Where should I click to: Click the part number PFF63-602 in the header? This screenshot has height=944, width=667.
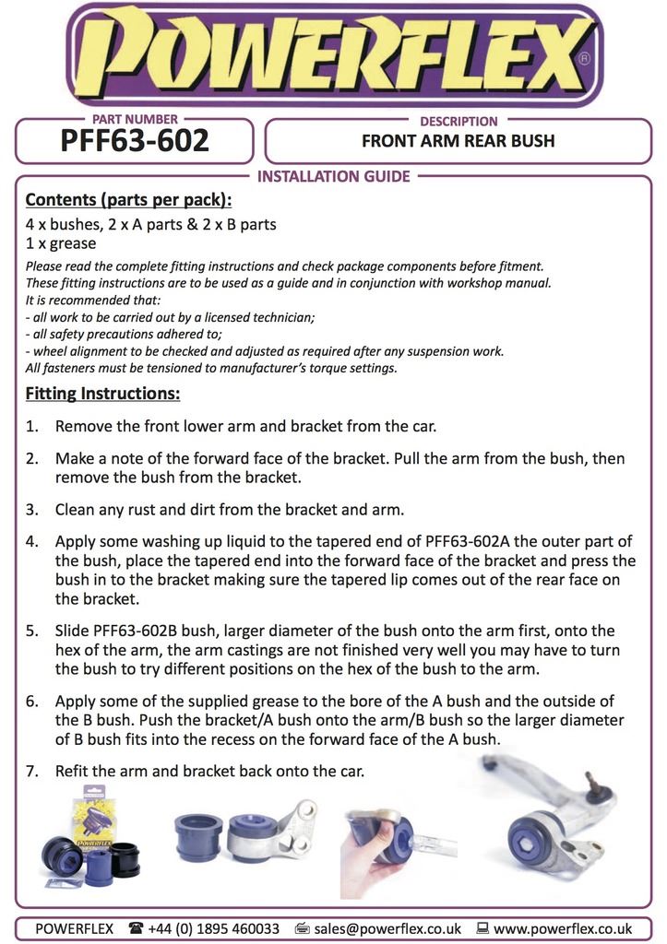(135, 142)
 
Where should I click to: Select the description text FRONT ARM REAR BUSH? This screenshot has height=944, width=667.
(458, 142)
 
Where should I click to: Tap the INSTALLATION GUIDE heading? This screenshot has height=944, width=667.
(333, 176)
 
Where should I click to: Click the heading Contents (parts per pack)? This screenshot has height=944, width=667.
(128, 200)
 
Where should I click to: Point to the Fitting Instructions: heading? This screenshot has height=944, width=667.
(102, 395)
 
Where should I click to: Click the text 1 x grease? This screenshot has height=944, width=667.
(61, 243)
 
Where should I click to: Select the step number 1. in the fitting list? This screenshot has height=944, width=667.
(32, 427)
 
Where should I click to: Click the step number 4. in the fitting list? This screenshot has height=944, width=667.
(32, 542)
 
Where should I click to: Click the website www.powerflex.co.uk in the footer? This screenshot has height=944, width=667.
(563, 928)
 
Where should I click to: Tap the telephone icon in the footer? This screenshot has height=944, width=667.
(136, 928)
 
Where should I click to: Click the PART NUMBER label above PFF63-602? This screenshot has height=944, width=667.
(135, 120)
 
